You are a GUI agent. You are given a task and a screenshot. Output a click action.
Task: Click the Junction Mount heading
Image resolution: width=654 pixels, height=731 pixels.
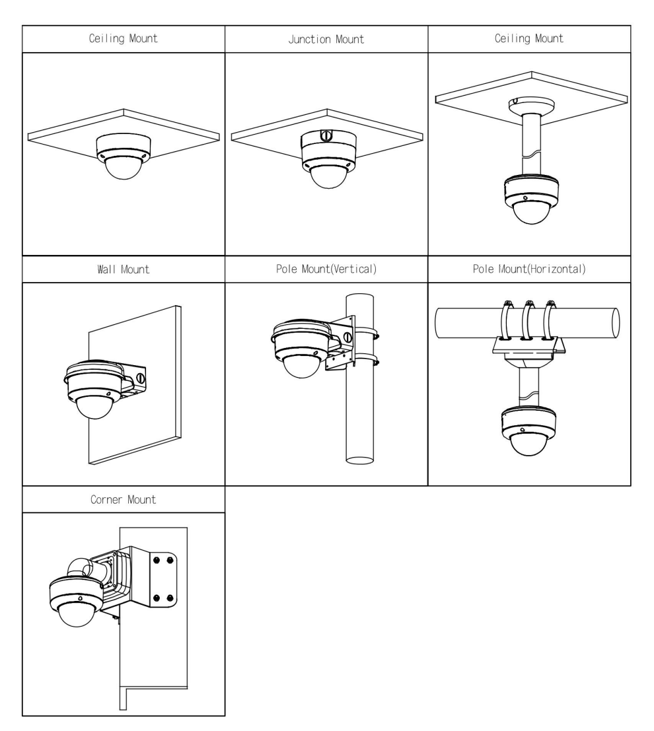point(327,39)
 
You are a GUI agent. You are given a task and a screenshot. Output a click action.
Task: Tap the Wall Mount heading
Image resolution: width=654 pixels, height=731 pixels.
point(124,270)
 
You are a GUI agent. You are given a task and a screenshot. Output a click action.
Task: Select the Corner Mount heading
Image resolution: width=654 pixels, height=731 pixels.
point(124,500)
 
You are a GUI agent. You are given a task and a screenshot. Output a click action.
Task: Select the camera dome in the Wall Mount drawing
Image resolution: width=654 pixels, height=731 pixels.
point(95,404)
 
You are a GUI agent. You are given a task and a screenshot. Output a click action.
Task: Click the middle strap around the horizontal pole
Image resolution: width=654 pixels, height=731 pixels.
point(528,320)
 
